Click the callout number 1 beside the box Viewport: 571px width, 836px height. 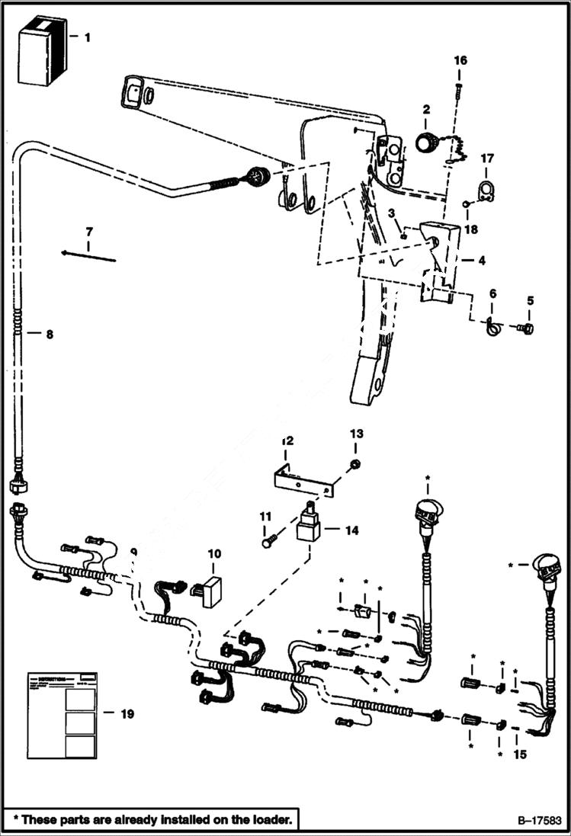tap(87, 37)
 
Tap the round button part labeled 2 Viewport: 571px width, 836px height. tap(427, 142)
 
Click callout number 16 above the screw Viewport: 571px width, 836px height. tap(460, 60)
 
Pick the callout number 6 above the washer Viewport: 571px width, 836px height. tap(492, 293)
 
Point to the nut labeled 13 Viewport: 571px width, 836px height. tap(355, 464)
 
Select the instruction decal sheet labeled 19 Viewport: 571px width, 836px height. tap(64, 714)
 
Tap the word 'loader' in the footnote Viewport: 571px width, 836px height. tap(267, 820)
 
